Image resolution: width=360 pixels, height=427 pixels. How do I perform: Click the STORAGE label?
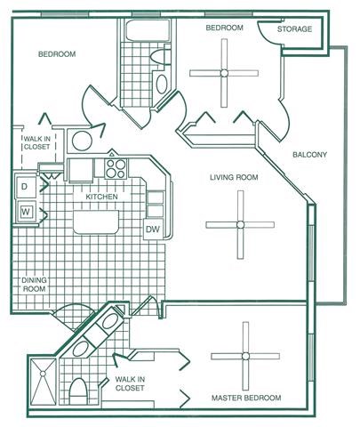[x=294, y=29]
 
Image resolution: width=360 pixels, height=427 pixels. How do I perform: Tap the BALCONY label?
[x=309, y=155]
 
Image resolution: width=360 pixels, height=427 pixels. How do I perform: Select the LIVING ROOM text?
[x=234, y=178]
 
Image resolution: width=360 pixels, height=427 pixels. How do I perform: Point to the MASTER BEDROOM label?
[x=246, y=397]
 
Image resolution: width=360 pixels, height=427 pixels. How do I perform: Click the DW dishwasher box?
[x=152, y=229]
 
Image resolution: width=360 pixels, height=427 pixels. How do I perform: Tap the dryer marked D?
[x=24, y=188]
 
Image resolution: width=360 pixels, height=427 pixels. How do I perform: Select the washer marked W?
[x=25, y=212]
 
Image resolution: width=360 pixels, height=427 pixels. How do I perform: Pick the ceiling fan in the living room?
[x=238, y=224]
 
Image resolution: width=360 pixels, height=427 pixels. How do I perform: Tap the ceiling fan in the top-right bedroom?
[x=224, y=73]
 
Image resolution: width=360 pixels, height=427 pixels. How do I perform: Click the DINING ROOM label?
[x=34, y=285]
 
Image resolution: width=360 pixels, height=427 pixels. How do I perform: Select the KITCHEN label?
[x=114, y=197]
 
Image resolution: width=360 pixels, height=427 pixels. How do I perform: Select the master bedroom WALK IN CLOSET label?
[x=129, y=384]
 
